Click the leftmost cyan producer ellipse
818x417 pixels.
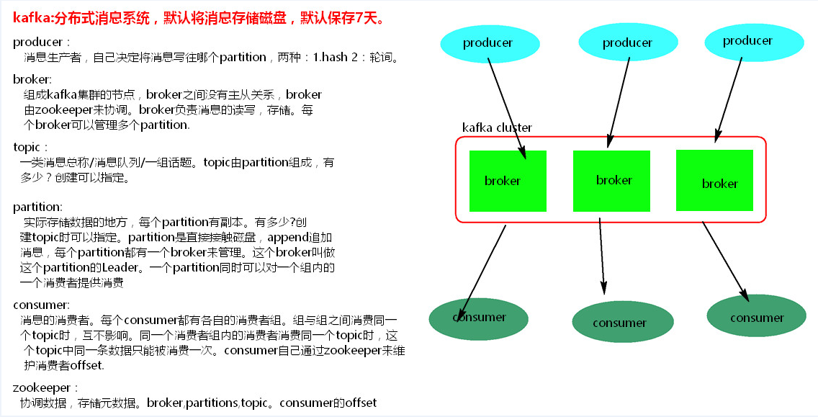click(487, 42)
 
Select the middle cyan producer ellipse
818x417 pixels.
click(626, 42)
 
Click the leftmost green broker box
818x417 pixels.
click(508, 181)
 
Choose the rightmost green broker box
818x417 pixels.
click(714, 180)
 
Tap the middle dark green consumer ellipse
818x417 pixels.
click(619, 323)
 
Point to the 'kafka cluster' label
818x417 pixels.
click(497, 127)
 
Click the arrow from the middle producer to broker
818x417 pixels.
click(619, 99)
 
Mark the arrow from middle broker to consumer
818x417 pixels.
click(603, 255)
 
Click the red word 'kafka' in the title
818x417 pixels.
click(28, 18)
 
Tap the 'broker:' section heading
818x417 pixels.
click(32, 79)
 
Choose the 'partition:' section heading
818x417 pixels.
click(37, 207)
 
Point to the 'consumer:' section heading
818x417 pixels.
click(41, 305)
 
